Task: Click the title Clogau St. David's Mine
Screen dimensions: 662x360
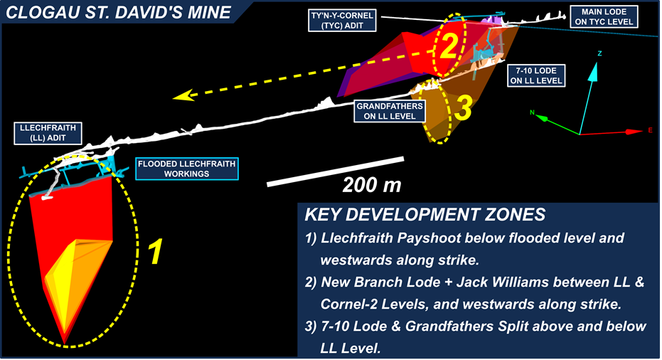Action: [118, 11]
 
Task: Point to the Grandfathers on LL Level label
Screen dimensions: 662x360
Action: [390, 112]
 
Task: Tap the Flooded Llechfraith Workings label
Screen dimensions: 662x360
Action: [186, 168]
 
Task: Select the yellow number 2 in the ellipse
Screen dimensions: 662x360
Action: [447, 47]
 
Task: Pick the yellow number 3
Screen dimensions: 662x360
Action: [463, 109]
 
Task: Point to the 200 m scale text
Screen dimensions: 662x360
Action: [372, 186]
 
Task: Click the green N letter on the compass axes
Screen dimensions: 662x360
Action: [533, 112]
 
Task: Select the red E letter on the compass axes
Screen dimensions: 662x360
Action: [649, 130]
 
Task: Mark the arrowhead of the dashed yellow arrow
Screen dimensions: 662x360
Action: [182, 96]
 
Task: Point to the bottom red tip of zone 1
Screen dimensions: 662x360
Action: [65, 342]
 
